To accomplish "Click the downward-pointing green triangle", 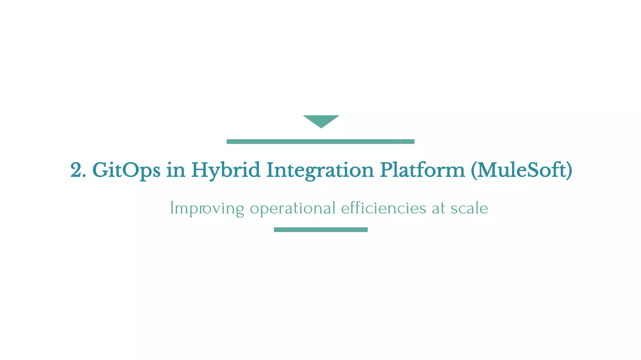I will [x=321, y=120].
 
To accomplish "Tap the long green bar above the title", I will [x=320, y=142].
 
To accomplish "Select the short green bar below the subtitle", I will [x=320, y=230].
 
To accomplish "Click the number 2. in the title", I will [x=78, y=170].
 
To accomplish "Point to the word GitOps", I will [x=126, y=171].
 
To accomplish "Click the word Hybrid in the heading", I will [x=226, y=171].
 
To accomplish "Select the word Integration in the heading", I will [x=320, y=171].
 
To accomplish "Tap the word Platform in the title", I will [x=423, y=170].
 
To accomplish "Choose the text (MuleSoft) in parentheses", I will [x=521, y=170].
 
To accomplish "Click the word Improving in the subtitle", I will [x=207, y=208].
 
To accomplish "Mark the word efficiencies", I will [x=383, y=208].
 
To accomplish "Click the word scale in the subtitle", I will [x=469, y=208].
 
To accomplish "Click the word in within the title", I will [x=176, y=171].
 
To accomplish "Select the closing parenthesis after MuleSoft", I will [x=569, y=171].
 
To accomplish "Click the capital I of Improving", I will [x=172, y=208].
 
